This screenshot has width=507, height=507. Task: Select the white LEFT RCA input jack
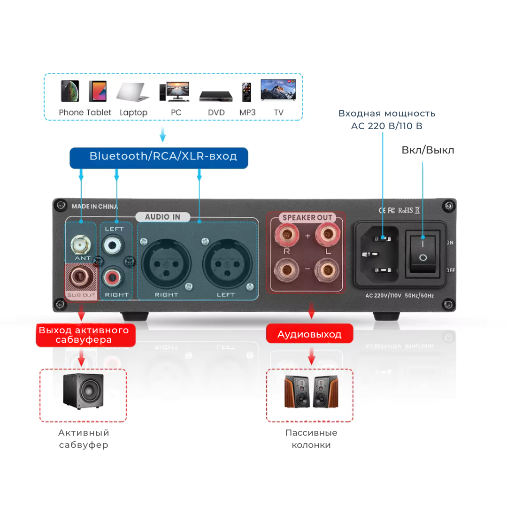tap(114, 245)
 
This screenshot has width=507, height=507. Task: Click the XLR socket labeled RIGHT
tap(162, 264)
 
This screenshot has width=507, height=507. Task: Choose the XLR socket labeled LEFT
tap(224, 264)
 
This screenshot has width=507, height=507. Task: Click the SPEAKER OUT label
tap(307, 218)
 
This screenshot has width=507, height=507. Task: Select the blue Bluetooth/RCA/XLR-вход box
tap(159, 157)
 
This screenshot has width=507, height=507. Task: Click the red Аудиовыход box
tap(310, 335)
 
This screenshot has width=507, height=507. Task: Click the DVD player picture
tap(216, 96)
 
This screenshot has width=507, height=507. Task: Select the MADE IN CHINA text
tap(95, 206)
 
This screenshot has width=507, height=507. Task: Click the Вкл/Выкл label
tap(428, 150)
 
